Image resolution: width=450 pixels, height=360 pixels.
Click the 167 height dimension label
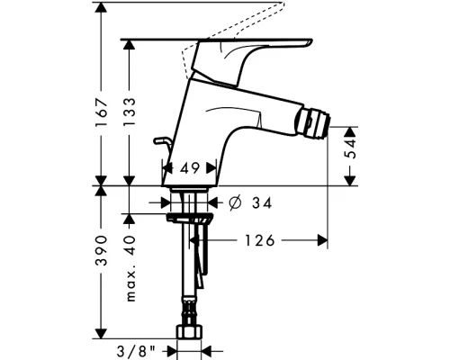point(101,112)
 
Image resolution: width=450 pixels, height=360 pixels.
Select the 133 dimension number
point(130,112)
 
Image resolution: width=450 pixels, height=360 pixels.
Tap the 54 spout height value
point(350,148)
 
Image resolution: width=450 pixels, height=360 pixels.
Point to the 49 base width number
point(190,168)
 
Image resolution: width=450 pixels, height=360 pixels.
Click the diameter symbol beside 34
point(235,202)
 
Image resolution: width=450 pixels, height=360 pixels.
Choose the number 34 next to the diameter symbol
point(262,202)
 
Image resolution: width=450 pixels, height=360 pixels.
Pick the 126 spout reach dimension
point(260,240)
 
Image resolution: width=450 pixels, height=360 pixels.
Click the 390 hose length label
point(101,251)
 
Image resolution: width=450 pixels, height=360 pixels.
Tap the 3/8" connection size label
point(137,351)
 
